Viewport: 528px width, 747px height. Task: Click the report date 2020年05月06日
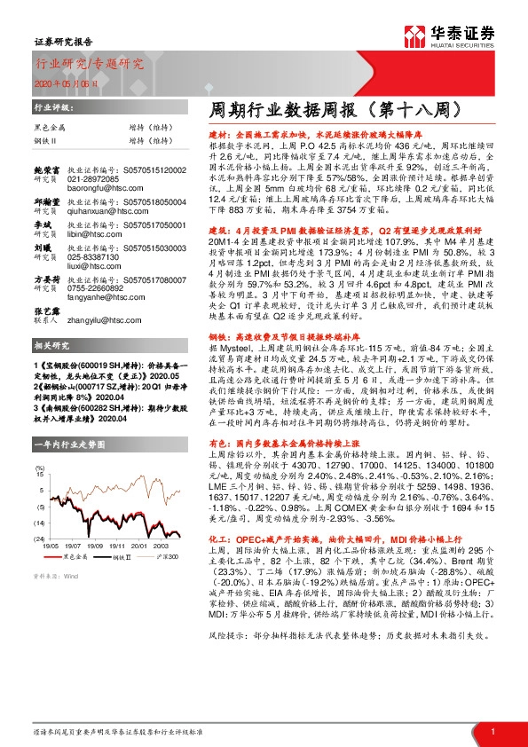pyautogui.click(x=59, y=82)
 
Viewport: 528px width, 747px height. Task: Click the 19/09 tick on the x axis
pyautogui.click(x=96, y=546)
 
